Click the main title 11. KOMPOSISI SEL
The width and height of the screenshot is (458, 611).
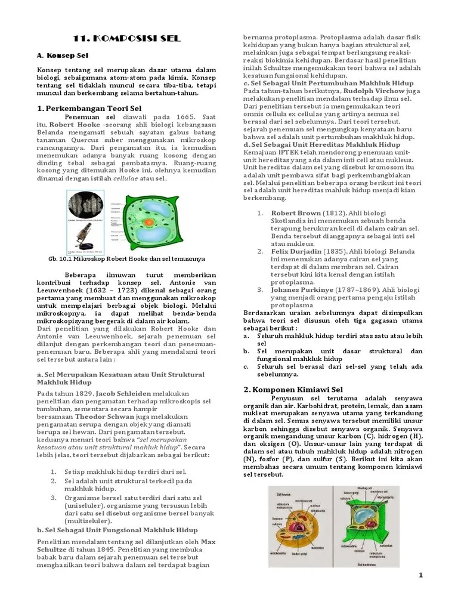pos(126,39)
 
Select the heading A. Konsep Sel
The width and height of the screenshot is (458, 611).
pos(58,55)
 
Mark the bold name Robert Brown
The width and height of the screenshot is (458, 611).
pos(296,213)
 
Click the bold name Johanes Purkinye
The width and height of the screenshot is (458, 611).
pos(302,290)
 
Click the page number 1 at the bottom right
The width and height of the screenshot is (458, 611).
pos(420,575)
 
